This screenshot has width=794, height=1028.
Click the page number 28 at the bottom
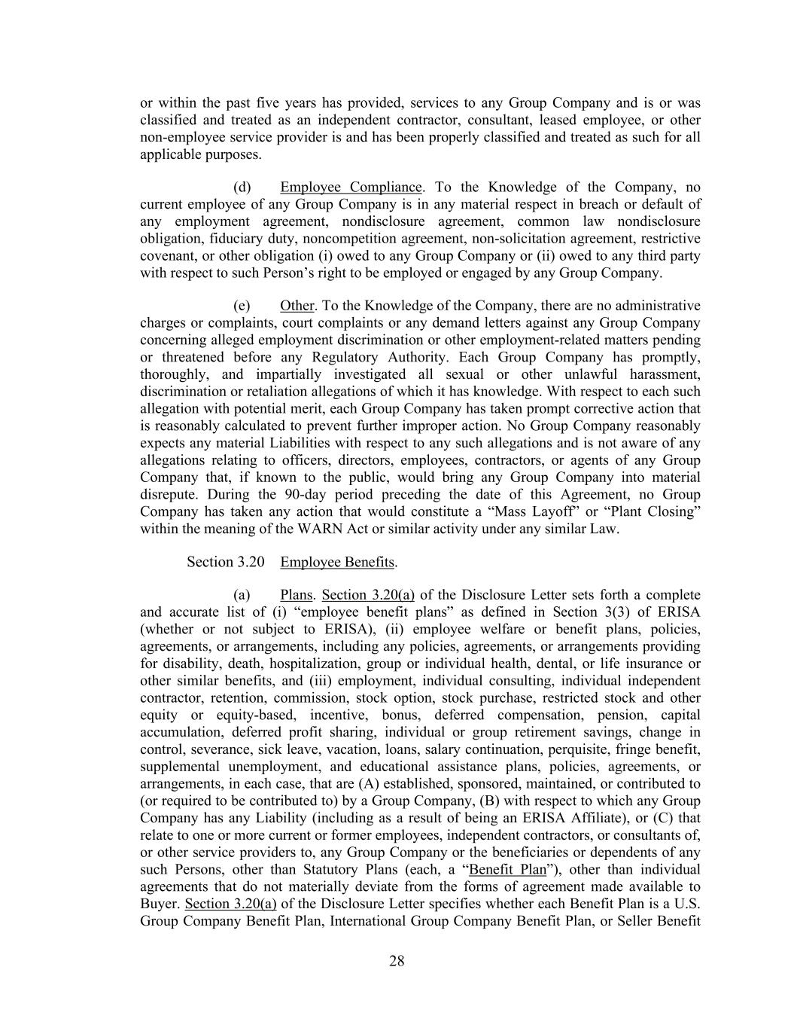(397, 961)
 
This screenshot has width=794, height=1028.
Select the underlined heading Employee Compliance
(351, 188)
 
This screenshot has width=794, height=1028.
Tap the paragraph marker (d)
(242, 188)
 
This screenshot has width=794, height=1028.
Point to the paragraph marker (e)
(242, 306)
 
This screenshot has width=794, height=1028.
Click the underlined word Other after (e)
(297, 306)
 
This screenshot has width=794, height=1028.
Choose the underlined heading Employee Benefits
(337, 563)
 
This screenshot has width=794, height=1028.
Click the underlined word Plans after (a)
(296, 595)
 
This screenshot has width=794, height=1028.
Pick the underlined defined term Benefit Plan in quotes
(507, 870)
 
